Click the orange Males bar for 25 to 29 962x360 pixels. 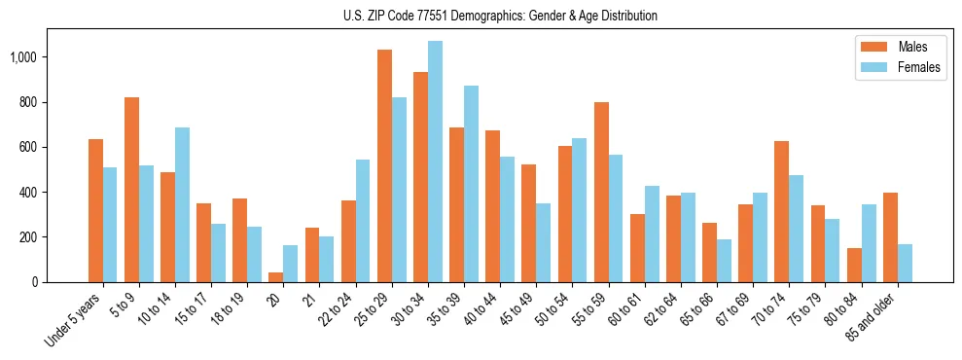[384, 165]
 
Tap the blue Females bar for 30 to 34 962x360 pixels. [435, 162]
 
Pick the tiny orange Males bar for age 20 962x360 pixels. [276, 277]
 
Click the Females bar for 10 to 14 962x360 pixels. [183, 205]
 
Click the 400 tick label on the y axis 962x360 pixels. [33, 193]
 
